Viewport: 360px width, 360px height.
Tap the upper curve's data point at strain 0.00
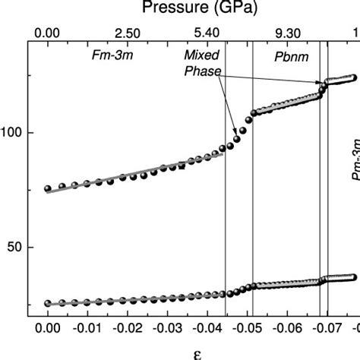(x=48, y=188)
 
